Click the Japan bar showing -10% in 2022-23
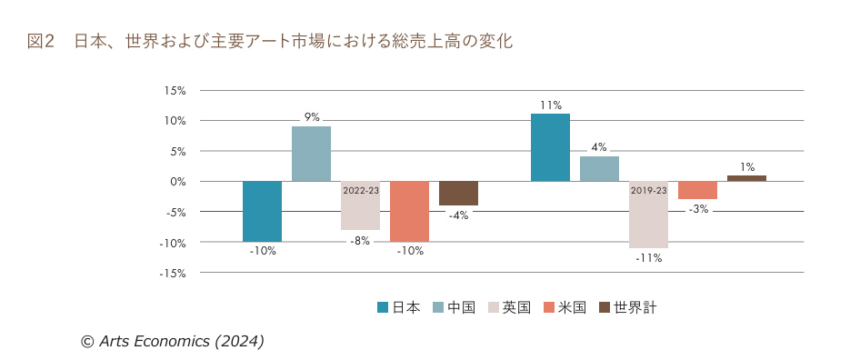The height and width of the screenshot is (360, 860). point(262,211)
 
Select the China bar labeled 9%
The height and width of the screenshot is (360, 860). point(311,154)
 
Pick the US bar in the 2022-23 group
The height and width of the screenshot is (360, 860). point(409,211)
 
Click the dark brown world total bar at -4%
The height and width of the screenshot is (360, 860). point(458,193)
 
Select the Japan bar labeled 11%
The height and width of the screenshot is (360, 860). point(550,147)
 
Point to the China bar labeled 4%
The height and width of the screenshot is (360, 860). point(599,169)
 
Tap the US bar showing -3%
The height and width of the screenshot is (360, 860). point(697,190)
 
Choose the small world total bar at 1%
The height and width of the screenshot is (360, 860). point(746,178)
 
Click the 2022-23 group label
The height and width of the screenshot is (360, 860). point(361,191)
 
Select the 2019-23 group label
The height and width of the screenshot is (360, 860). point(648,191)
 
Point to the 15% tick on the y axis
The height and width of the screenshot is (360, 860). point(175,91)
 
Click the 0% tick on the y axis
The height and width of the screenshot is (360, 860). point(177,182)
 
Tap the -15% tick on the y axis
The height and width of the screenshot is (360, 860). point(173,273)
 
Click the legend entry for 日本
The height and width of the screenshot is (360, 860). point(399,307)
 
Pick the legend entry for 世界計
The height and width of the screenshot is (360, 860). point(627,307)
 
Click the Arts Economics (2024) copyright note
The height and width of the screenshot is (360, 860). point(173,341)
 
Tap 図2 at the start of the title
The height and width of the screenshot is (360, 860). point(43,41)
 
